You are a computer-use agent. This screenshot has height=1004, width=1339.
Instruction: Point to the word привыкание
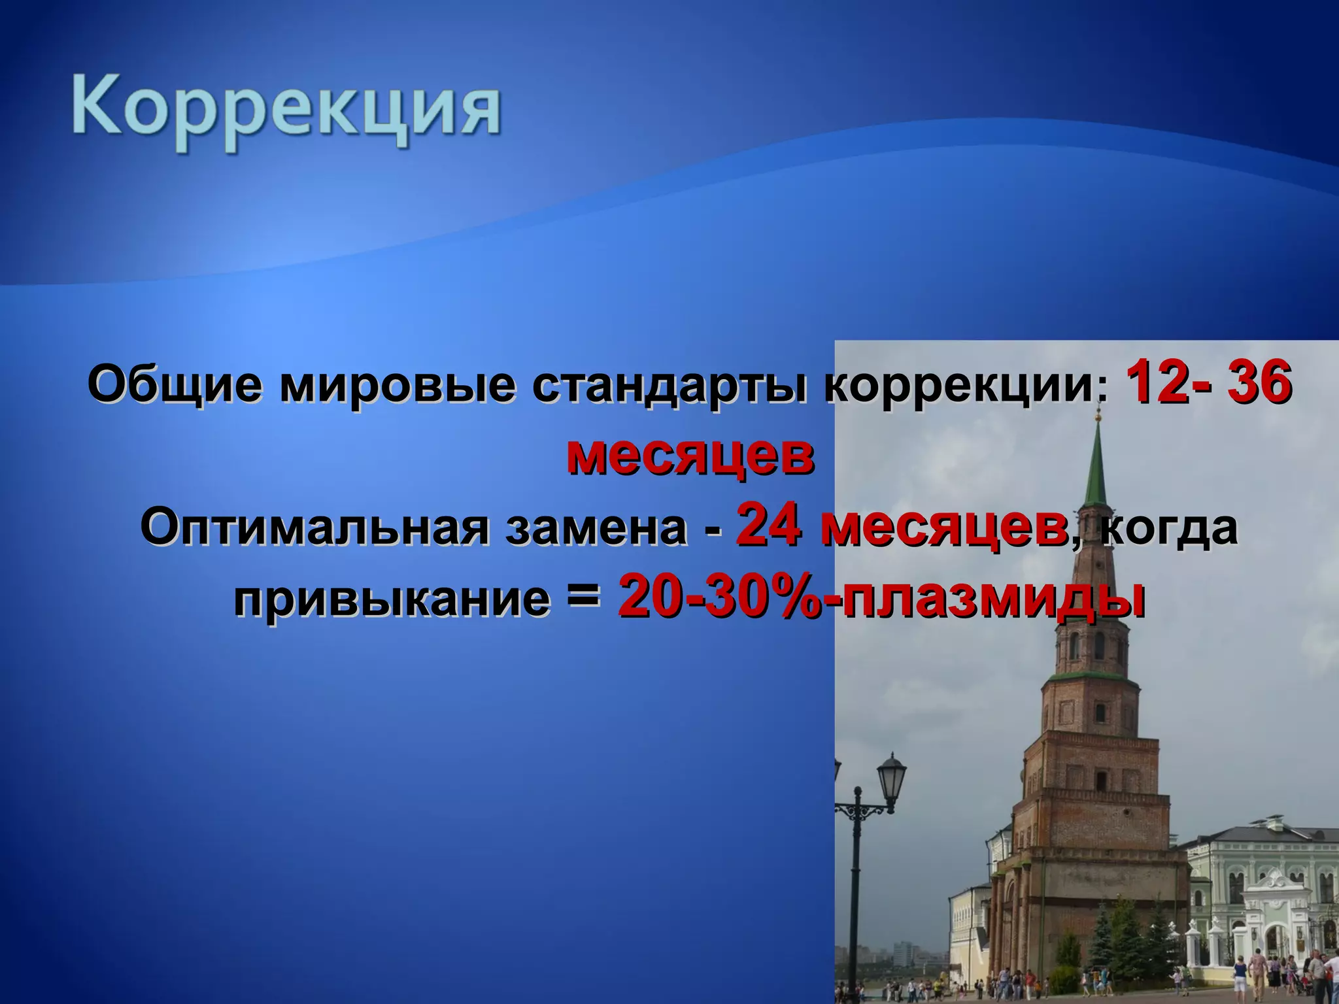[x=392, y=597]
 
